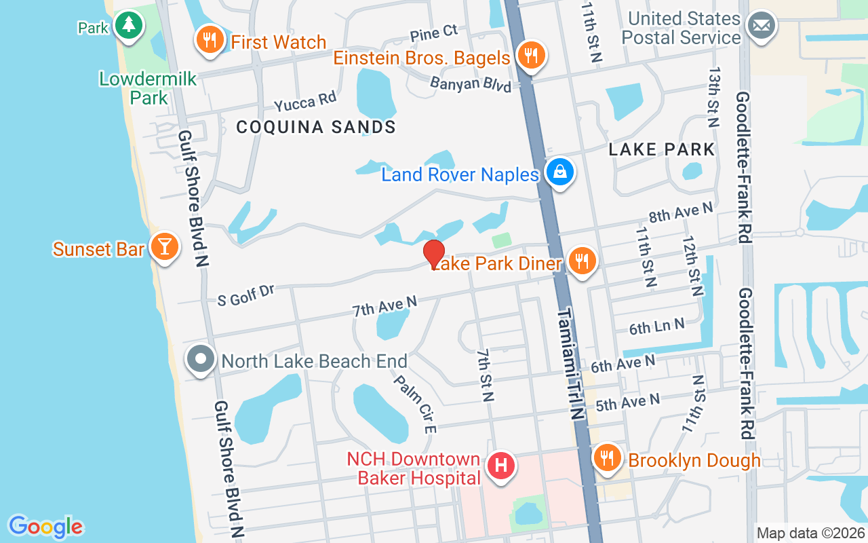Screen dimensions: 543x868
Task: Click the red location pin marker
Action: (434, 254)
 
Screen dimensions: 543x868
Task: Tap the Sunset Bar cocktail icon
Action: (164, 246)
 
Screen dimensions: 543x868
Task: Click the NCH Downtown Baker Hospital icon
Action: (501, 468)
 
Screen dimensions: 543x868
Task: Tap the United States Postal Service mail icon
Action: (761, 26)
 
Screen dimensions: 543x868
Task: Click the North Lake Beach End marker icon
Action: (201, 359)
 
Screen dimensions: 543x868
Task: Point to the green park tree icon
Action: (127, 26)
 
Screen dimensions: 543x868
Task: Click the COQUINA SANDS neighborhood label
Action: (316, 127)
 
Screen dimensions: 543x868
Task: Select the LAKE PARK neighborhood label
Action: (662, 149)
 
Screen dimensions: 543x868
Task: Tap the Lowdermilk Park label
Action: (148, 88)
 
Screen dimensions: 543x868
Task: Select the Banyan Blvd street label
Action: (471, 85)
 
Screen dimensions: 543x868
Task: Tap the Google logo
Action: (45, 527)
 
